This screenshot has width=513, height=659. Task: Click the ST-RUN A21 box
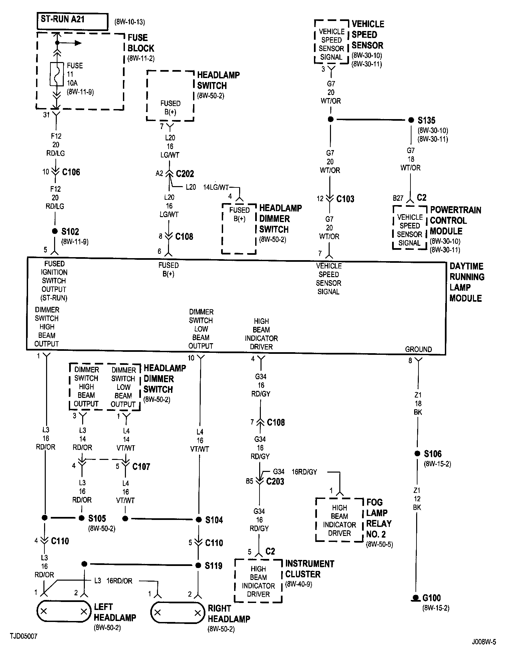click(x=72, y=22)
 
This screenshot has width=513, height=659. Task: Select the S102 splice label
click(x=70, y=231)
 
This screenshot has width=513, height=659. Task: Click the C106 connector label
click(x=71, y=172)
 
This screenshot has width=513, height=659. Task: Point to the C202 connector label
click(x=185, y=174)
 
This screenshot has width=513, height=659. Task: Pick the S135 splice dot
click(x=411, y=120)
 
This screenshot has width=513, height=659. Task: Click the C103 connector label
click(x=345, y=199)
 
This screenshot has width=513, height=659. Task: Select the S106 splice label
click(x=433, y=454)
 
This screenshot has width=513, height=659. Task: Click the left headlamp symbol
click(x=63, y=612)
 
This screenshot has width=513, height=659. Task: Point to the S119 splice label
click(x=214, y=566)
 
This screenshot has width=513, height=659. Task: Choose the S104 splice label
click(x=214, y=520)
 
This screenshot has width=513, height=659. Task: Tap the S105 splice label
click(x=97, y=518)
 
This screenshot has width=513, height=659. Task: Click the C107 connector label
click(x=141, y=466)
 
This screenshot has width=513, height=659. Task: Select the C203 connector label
click(x=275, y=481)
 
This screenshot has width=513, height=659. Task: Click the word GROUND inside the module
click(x=418, y=349)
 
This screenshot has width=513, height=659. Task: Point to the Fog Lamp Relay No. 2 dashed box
click(x=339, y=520)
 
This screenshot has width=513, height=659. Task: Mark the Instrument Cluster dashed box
click(x=259, y=581)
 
